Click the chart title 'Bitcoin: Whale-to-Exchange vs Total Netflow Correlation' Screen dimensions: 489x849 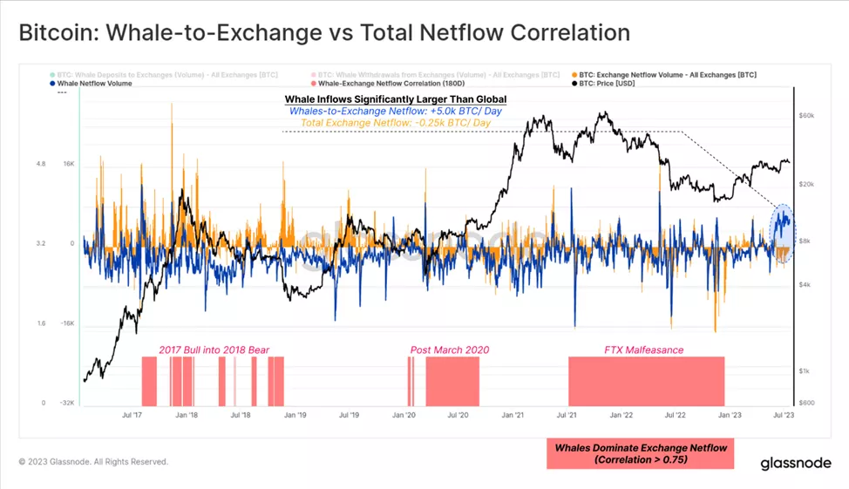tap(324, 33)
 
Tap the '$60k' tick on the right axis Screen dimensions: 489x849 tap(805, 115)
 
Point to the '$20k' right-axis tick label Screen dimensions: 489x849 tap(805, 184)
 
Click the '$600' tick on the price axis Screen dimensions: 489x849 tap(806, 402)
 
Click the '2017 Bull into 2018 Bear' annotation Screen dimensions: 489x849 tap(214, 350)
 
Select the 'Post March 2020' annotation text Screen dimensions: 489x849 tap(450, 350)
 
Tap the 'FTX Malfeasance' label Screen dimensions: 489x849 tap(643, 350)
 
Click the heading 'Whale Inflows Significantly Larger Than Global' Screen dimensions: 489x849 tap(396, 100)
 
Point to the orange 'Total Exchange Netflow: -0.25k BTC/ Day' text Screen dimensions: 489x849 tap(396, 123)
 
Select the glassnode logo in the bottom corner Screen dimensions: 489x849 tap(793, 462)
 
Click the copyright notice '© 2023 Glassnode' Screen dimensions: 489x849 tap(93, 462)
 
